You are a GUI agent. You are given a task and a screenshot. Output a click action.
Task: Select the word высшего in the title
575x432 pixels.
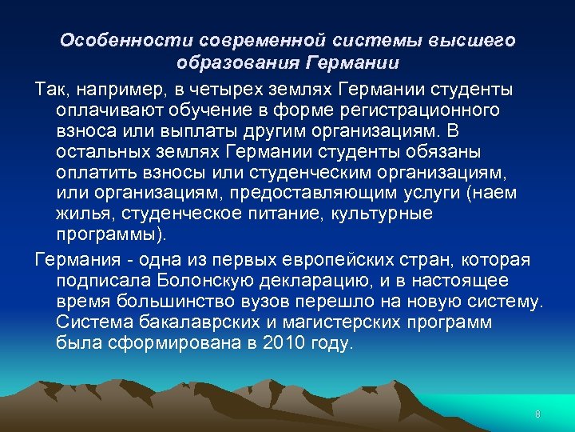click(474, 40)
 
